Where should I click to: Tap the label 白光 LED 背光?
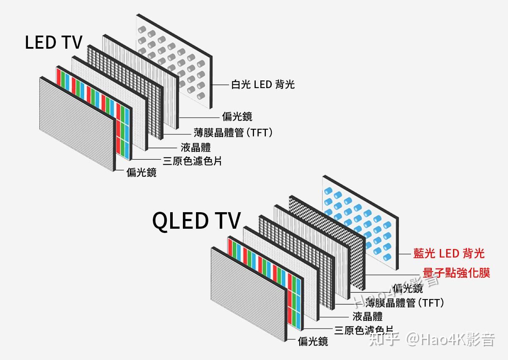click(x=262, y=84)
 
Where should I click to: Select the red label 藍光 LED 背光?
click(x=449, y=253)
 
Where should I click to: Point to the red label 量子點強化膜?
click(x=456, y=273)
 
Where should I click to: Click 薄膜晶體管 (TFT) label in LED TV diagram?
click(x=233, y=132)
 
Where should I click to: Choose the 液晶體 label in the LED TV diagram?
click(x=196, y=147)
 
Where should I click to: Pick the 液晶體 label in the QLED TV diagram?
click(x=367, y=316)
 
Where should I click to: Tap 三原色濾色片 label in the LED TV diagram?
click(x=193, y=161)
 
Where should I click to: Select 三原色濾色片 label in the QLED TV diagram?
click(x=364, y=330)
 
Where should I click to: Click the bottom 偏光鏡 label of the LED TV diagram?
click(x=141, y=172)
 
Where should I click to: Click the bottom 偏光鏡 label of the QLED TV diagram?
click(x=313, y=341)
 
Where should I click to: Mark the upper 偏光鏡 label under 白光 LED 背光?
click(x=237, y=116)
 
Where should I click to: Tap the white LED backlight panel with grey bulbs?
click(x=178, y=59)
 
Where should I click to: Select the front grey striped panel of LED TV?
click(x=76, y=123)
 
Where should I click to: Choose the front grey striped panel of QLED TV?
click(x=248, y=292)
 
